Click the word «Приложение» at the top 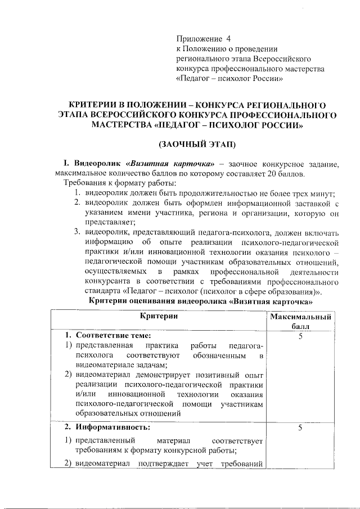click(x=199, y=39)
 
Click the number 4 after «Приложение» click(x=229, y=39)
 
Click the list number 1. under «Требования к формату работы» click(x=79, y=193)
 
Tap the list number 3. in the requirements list click(x=79, y=233)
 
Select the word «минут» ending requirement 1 click(x=325, y=193)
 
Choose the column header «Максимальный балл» click(x=300, y=322)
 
